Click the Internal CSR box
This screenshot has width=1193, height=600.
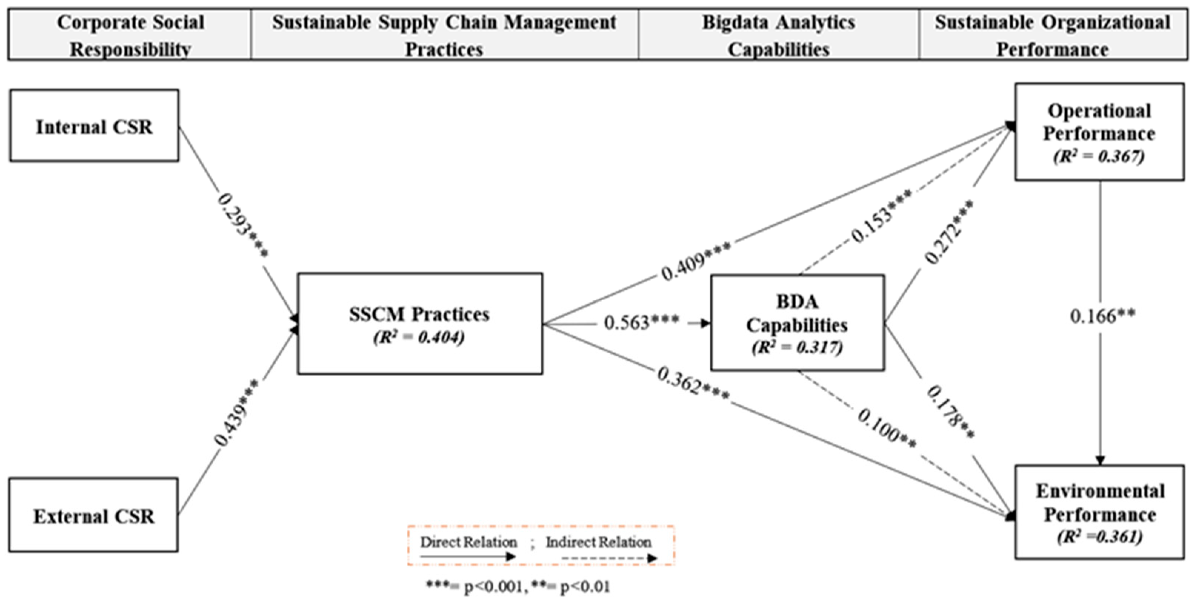pyautogui.click(x=94, y=126)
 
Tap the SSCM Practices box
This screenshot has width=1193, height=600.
pyautogui.click(x=420, y=323)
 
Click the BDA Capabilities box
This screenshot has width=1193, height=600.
pyautogui.click(x=797, y=323)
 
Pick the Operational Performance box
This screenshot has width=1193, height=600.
pyautogui.click(x=1099, y=131)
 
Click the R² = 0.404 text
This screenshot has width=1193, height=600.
pyautogui.click(x=419, y=337)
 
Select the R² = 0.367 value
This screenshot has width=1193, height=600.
pyautogui.click(x=1099, y=156)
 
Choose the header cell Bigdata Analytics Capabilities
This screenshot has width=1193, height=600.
pyautogui.click(x=778, y=35)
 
